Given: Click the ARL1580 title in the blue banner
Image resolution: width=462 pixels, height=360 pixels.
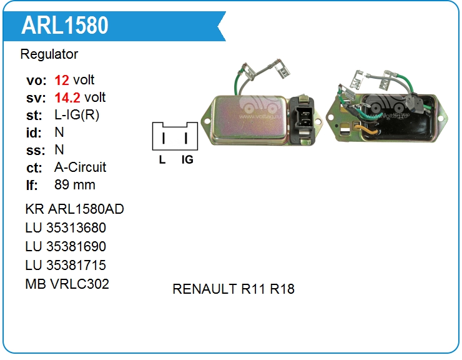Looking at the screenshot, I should (65, 25).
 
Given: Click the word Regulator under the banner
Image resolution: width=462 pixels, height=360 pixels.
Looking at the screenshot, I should (49, 54).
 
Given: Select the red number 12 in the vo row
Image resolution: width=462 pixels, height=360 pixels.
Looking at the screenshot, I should (62, 80).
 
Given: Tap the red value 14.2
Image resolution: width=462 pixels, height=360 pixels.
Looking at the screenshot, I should (67, 97).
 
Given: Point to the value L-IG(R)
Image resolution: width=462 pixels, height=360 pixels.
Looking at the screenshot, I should (77, 115).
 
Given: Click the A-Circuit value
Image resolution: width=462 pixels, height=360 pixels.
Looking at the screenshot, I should (81, 167).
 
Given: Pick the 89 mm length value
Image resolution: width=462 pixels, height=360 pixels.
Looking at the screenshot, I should (75, 185).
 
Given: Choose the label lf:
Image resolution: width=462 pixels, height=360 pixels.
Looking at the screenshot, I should (32, 185).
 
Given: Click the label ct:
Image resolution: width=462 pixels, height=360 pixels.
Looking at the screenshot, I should (34, 167).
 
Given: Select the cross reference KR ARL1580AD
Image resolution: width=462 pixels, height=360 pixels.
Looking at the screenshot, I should (74, 209).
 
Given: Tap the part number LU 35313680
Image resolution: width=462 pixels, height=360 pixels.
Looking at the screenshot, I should (66, 227).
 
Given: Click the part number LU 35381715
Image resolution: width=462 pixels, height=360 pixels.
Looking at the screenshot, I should (66, 265).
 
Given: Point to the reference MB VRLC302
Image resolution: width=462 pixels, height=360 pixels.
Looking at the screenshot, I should (67, 284).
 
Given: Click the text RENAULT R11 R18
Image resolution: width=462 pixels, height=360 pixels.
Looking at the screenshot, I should (233, 289).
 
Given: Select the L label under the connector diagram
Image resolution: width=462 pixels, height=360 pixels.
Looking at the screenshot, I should (162, 159).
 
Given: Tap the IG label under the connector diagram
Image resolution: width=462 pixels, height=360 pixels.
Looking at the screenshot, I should (187, 159).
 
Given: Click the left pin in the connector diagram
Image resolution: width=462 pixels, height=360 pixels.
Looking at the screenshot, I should (163, 137).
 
